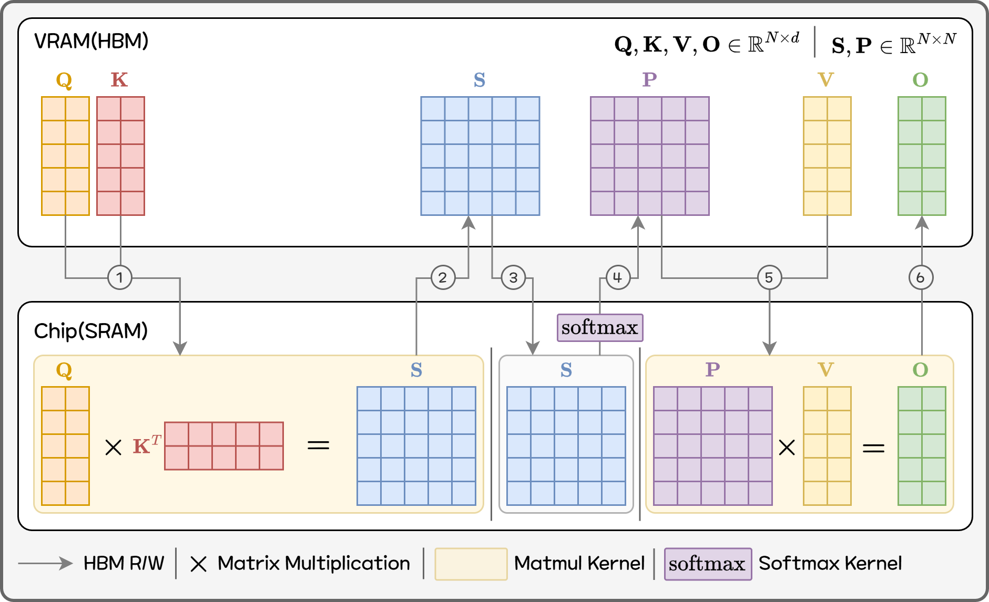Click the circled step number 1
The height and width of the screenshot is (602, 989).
(120, 277)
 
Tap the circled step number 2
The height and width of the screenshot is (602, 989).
(443, 277)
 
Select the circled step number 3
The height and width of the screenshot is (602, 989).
(513, 277)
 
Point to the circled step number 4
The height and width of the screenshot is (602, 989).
(618, 277)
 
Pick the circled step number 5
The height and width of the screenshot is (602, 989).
(769, 277)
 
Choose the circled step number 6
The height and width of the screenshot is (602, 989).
(921, 277)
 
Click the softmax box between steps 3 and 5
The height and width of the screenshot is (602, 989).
(599, 328)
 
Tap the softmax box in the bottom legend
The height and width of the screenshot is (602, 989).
(707, 564)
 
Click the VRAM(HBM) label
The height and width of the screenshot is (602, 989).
(91, 41)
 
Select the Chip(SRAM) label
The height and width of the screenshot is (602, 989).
(90, 331)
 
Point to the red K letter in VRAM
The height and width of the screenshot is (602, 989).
(119, 80)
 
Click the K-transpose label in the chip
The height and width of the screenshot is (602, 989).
(146, 445)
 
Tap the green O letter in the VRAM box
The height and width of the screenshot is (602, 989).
(920, 80)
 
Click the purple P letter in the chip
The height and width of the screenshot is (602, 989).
(712, 370)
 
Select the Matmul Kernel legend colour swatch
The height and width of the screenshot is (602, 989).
(471, 564)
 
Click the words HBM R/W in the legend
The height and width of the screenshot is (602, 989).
(124, 564)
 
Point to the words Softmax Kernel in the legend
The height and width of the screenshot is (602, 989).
(830, 564)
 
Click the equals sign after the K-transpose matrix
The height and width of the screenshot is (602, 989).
(318, 445)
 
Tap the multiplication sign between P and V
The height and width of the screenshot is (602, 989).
(787, 448)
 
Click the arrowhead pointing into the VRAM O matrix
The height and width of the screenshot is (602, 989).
(921, 223)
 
